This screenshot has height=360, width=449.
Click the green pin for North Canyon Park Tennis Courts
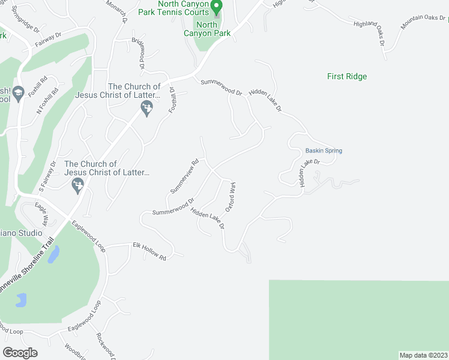[x=217, y=7]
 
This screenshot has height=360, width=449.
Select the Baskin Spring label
[x=324, y=151]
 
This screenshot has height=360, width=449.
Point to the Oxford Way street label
[x=230, y=197]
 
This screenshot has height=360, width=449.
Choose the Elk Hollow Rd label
[x=149, y=250]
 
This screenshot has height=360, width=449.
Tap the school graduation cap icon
[x=18, y=92]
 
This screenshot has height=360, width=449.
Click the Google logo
[x=20, y=353]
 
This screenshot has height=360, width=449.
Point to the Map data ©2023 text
[x=423, y=355]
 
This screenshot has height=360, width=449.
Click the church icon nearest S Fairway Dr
[x=77, y=188]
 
